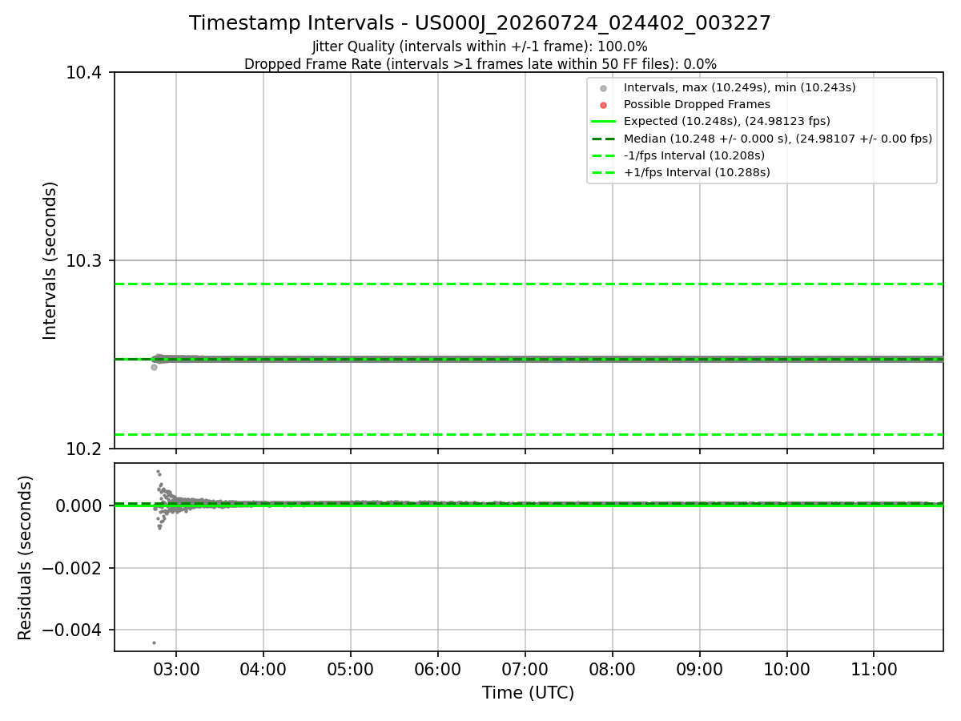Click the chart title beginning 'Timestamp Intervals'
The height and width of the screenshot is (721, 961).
click(x=480, y=23)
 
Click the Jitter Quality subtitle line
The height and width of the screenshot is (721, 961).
click(x=480, y=46)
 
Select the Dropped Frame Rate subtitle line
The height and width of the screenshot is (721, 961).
click(x=480, y=64)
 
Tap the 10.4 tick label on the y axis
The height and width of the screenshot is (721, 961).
click(x=83, y=73)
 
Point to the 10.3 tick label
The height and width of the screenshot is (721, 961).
click(x=83, y=261)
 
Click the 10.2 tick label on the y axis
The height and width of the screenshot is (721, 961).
click(x=83, y=449)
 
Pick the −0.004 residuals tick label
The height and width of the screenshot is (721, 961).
click(x=72, y=630)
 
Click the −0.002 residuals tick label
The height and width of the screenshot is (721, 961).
click(x=72, y=568)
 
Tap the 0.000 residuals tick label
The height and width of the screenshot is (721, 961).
click(x=78, y=506)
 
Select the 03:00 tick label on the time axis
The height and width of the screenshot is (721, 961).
click(x=176, y=670)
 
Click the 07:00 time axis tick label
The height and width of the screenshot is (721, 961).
click(x=525, y=670)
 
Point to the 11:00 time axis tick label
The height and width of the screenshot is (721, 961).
click(x=874, y=670)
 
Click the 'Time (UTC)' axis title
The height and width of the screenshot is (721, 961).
click(x=528, y=693)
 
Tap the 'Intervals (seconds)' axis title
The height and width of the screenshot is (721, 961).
click(x=50, y=260)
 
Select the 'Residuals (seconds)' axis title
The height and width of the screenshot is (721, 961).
click(x=25, y=558)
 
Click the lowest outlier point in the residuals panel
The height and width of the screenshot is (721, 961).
click(x=154, y=642)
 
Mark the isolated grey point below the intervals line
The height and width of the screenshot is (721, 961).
click(x=154, y=367)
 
